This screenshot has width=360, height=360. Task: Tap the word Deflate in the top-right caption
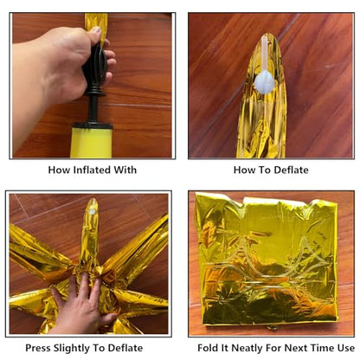pyautogui.click(x=291, y=170)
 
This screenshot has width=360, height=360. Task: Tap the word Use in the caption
pyautogui.click(x=346, y=348)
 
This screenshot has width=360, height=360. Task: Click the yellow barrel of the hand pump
pyautogui.click(x=91, y=143)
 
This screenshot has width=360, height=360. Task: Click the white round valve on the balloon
pyautogui.click(x=265, y=83)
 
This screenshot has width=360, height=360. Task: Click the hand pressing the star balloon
pyautogui.click(x=82, y=305)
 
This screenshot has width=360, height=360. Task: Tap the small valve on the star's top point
pyautogui.click(x=93, y=212)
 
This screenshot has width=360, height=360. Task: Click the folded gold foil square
pyautogui.click(x=266, y=260)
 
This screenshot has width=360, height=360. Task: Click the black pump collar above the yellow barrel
pyautogui.click(x=92, y=125)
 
